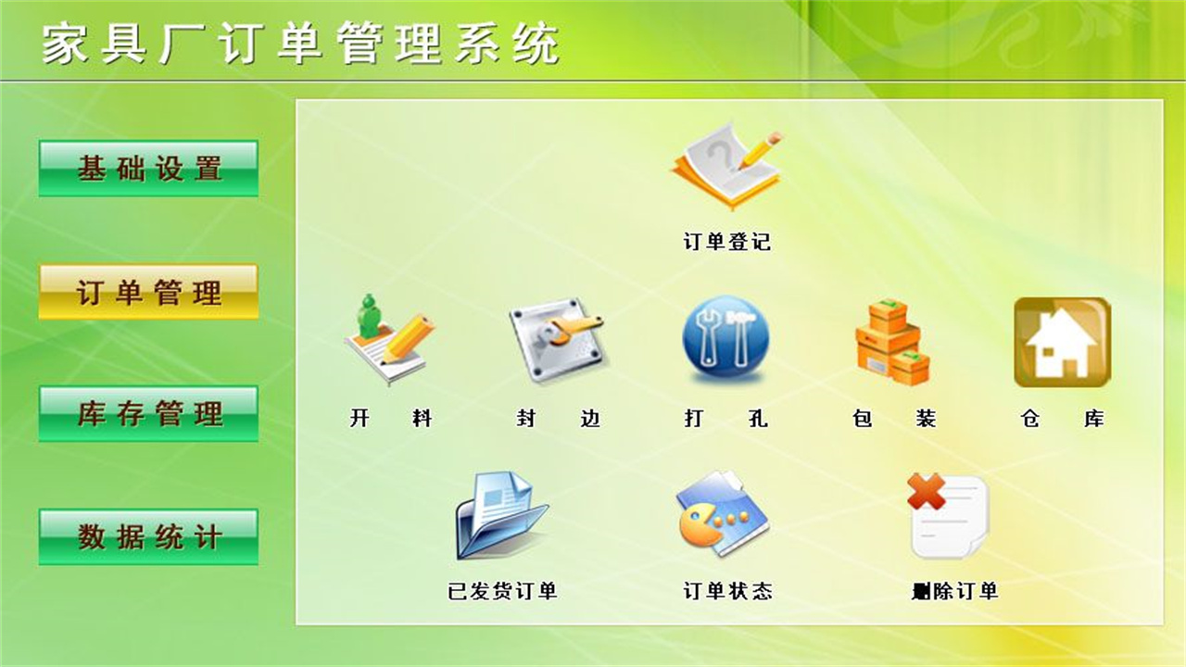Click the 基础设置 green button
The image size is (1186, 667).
(148, 169)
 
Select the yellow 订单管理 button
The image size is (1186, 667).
(148, 293)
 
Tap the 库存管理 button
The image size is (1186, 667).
(148, 413)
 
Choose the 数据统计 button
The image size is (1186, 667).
(148, 536)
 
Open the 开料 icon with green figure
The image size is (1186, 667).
(389, 339)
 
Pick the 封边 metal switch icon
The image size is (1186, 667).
(558, 339)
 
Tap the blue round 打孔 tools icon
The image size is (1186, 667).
(725, 339)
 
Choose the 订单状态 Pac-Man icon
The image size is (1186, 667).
(722, 513)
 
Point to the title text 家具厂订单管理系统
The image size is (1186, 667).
(301, 44)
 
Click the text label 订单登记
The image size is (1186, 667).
(727, 243)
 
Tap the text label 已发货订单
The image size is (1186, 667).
(502, 591)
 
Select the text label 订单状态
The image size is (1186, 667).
(727, 591)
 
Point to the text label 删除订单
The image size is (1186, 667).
(954, 591)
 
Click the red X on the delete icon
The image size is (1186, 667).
(926, 491)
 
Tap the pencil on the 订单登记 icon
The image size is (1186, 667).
(759, 149)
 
